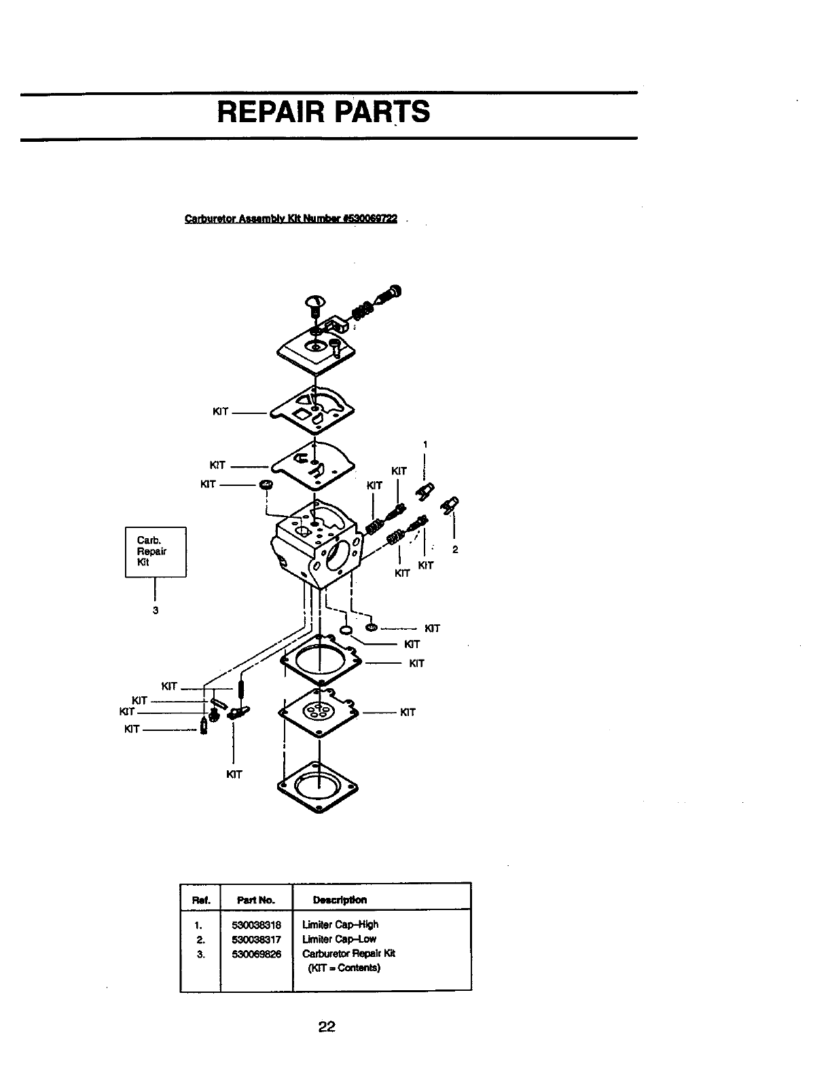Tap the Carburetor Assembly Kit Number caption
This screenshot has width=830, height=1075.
(292, 219)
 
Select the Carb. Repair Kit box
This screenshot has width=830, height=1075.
(156, 551)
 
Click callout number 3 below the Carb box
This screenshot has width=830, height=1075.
(156, 610)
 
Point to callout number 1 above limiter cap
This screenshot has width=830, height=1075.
(425, 445)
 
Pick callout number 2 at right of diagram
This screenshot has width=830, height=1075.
(455, 549)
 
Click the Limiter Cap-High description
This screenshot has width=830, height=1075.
(340, 924)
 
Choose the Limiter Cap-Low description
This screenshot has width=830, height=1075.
(339, 939)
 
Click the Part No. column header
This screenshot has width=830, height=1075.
(255, 900)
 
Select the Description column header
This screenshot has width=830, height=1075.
(339, 900)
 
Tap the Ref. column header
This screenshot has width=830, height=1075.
(201, 901)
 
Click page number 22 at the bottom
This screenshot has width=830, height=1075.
(327, 1027)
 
